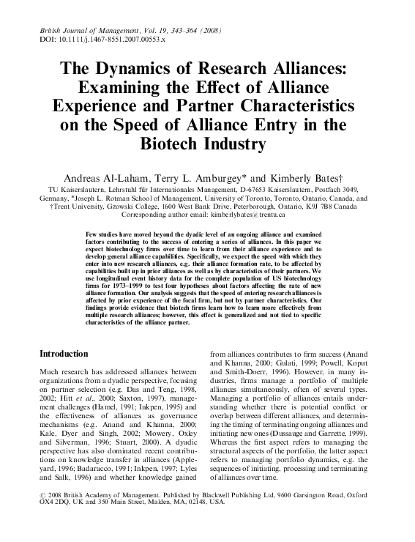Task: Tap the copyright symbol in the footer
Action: click(x=42, y=516)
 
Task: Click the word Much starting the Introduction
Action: click(x=52, y=373)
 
